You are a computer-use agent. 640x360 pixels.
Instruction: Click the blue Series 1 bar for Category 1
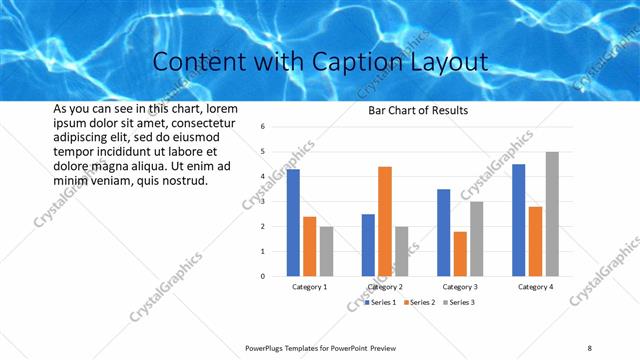[x=293, y=223]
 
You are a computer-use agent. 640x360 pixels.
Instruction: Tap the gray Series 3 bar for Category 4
[x=552, y=214]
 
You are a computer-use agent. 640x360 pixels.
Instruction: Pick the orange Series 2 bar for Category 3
[x=460, y=254]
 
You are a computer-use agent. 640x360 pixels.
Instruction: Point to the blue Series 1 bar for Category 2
[x=368, y=245]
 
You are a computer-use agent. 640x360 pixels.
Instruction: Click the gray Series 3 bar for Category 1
[x=326, y=251]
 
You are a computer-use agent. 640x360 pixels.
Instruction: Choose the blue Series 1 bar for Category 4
[x=518, y=220]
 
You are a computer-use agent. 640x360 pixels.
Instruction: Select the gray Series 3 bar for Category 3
[x=477, y=239]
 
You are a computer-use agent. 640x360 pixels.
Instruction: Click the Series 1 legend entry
[x=382, y=301]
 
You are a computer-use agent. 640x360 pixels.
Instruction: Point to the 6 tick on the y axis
[x=261, y=127]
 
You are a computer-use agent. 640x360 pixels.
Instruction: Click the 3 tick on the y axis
[x=261, y=202]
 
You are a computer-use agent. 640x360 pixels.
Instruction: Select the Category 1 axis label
[x=310, y=287]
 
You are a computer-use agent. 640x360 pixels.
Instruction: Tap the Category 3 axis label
[x=460, y=287]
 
